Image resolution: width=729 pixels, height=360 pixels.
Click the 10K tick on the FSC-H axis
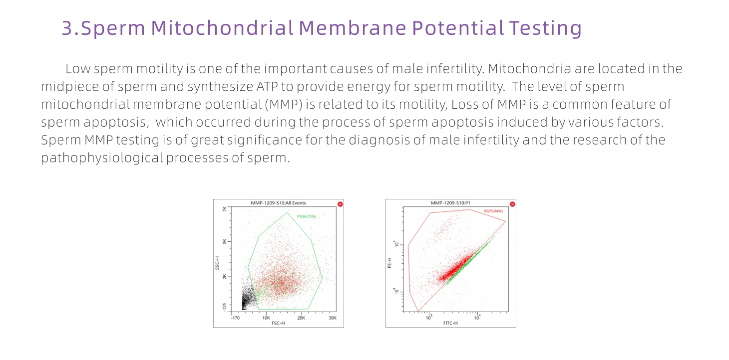pos(266,318)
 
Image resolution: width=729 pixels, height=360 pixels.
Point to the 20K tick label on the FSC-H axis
pos(302,318)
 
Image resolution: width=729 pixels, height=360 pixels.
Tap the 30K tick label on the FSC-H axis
pos(333,318)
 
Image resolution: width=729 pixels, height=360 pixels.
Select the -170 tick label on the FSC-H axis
pos(235,318)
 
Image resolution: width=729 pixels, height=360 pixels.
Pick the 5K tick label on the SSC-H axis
pos(224,241)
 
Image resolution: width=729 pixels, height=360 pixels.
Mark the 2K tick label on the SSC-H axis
pos(224,276)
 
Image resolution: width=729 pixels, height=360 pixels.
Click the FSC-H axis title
pos(278,323)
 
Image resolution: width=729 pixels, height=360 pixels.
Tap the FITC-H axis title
pos(450,323)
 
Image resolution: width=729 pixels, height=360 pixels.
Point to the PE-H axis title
pos(390,263)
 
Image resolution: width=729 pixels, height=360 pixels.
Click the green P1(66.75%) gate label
pos(306,216)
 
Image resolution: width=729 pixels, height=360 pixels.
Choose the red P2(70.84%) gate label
pos(493,211)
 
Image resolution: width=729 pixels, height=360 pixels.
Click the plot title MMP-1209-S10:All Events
pos(278,203)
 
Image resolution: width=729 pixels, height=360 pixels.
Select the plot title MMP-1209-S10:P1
pos(450,203)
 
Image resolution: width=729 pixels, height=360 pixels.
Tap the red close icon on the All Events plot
pos(340,204)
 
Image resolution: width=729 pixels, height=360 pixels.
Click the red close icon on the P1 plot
pos(512,204)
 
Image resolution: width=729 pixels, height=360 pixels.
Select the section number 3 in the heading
pos(67,28)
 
